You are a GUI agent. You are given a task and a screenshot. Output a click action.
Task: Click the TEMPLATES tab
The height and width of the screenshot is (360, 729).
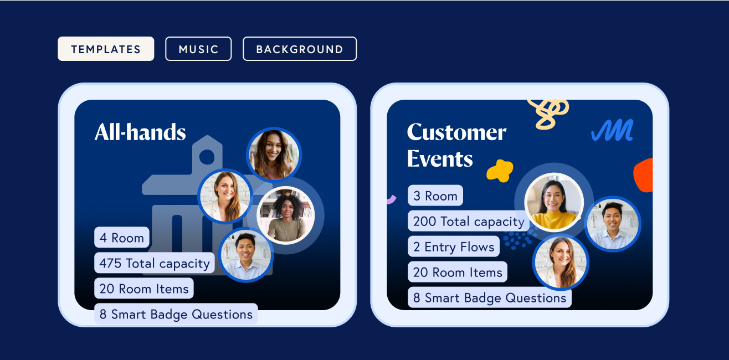click(x=106, y=49)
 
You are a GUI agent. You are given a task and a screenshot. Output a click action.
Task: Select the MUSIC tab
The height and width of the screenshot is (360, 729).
click(x=198, y=49)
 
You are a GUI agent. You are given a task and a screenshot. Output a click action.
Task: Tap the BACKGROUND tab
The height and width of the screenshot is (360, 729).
click(x=300, y=49)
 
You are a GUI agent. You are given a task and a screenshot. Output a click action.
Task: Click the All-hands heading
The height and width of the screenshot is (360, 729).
click(x=140, y=132)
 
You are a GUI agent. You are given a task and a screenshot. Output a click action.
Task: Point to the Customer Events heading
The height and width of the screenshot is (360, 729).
click(x=456, y=146)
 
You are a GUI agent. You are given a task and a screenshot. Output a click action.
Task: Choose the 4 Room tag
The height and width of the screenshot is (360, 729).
click(x=122, y=237)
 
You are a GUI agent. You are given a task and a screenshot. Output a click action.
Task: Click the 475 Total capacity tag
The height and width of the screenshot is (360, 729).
click(x=154, y=263)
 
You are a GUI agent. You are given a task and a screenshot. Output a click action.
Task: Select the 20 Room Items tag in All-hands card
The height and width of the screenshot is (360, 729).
click(x=144, y=288)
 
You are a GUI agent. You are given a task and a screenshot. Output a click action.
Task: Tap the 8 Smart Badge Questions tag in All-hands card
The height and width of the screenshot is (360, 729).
click(x=176, y=314)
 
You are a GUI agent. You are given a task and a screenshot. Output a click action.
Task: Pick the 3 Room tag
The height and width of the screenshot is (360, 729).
click(x=435, y=196)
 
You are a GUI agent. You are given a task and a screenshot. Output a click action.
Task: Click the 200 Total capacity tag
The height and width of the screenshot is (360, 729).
click(x=469, y=221)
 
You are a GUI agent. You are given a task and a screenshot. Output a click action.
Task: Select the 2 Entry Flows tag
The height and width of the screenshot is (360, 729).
click(x=454, y=246)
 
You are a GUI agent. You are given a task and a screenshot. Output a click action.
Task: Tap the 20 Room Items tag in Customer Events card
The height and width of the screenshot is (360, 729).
click(x=458, y=272)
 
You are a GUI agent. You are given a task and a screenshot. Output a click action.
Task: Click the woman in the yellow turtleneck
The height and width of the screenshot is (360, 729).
click(x=554, y=202)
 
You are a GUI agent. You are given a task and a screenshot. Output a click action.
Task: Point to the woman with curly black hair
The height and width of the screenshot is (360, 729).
click(x=286, y=215)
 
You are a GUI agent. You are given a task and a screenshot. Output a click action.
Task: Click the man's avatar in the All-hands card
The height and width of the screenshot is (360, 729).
click(x=246, y=255)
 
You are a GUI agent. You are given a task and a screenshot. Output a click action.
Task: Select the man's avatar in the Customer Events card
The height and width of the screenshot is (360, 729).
click(x=613, y=224)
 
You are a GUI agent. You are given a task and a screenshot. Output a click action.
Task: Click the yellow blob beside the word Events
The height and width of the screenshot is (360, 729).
click(x=500, y=171)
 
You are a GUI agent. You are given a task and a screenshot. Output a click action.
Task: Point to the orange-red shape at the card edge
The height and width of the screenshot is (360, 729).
click(x=644, y=176)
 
